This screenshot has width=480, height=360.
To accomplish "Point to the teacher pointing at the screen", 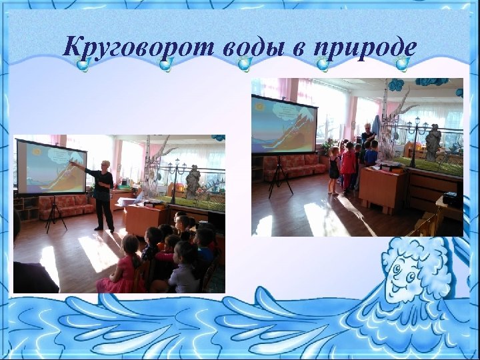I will click(x=103, y=193).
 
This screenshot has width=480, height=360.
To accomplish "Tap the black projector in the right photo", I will click(x=451, y=199).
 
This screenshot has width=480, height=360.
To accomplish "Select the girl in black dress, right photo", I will click(x=334, y=170).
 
